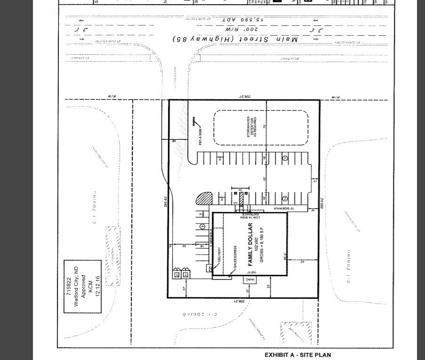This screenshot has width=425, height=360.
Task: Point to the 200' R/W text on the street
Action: pyautogui.click(x=241, y=29)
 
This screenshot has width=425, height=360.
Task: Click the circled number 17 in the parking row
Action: pyautogui.click(x=285, y=158)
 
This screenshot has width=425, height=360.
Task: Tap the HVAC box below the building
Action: pyautogui.click(x=249, y=280)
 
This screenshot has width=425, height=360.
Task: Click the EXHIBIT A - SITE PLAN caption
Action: pyautogui.click(x=297, y=355)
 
